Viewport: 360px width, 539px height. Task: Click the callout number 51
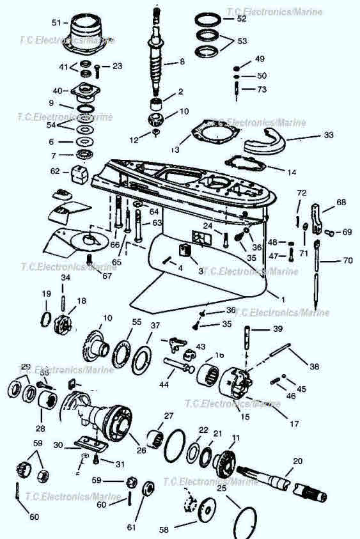[x=56, y=23]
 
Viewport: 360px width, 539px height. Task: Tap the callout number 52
[x=241, y=19]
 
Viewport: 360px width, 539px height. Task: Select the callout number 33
[x=329, y=136]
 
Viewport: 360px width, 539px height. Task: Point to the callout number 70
[x=347, y=261]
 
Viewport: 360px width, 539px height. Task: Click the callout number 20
[x=297, y=461]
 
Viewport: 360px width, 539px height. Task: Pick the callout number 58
[x=164, y=530]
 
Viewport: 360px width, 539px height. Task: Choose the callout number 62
[x=55, y=171]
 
